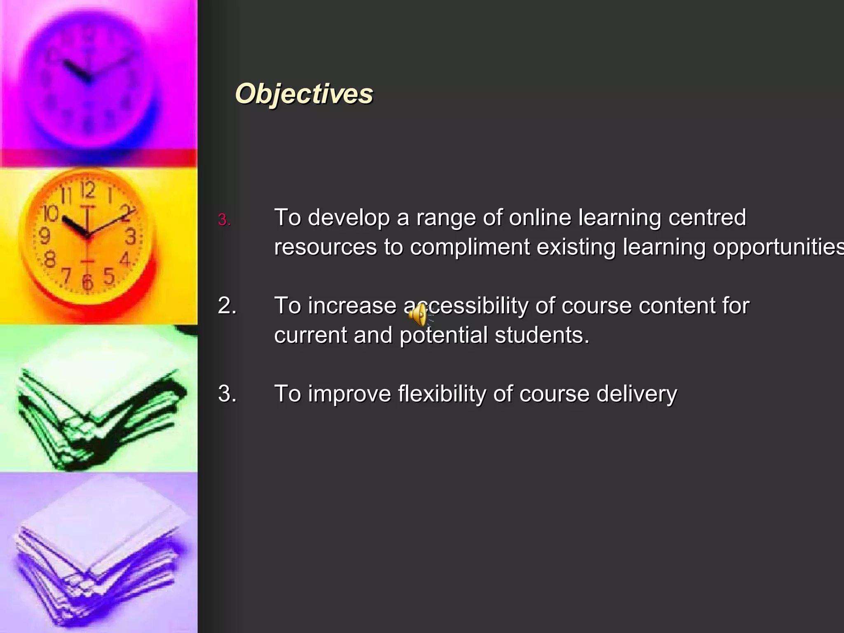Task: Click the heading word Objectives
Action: click(304, 94)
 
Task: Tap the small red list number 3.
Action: click(224, 220)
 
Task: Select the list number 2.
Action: click(227, 306)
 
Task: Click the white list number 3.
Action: click(227, 394)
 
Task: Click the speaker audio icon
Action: click(419, 315)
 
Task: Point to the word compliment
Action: click(469, 247)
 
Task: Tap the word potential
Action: click(443, 335)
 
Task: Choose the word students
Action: click(542, 335)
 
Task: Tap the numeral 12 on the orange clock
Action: click(88, 190)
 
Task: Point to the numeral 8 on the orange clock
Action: click(49, 260)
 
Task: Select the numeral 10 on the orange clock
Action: click(51, 213)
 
